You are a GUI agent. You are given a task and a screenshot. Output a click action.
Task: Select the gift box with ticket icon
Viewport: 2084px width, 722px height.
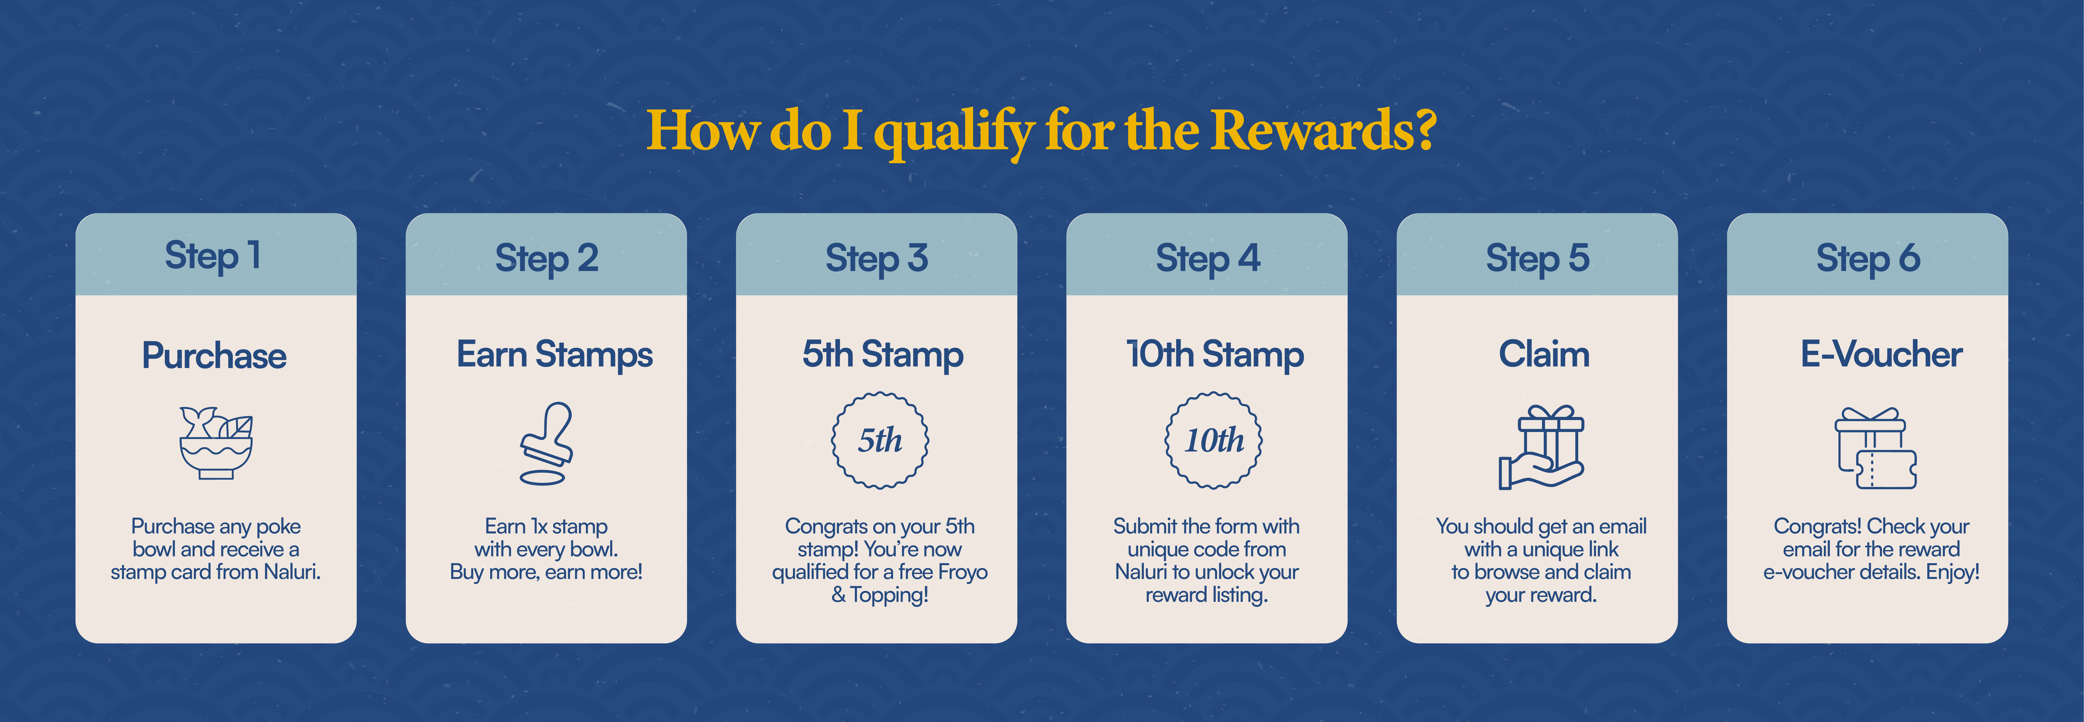(1874, 449)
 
